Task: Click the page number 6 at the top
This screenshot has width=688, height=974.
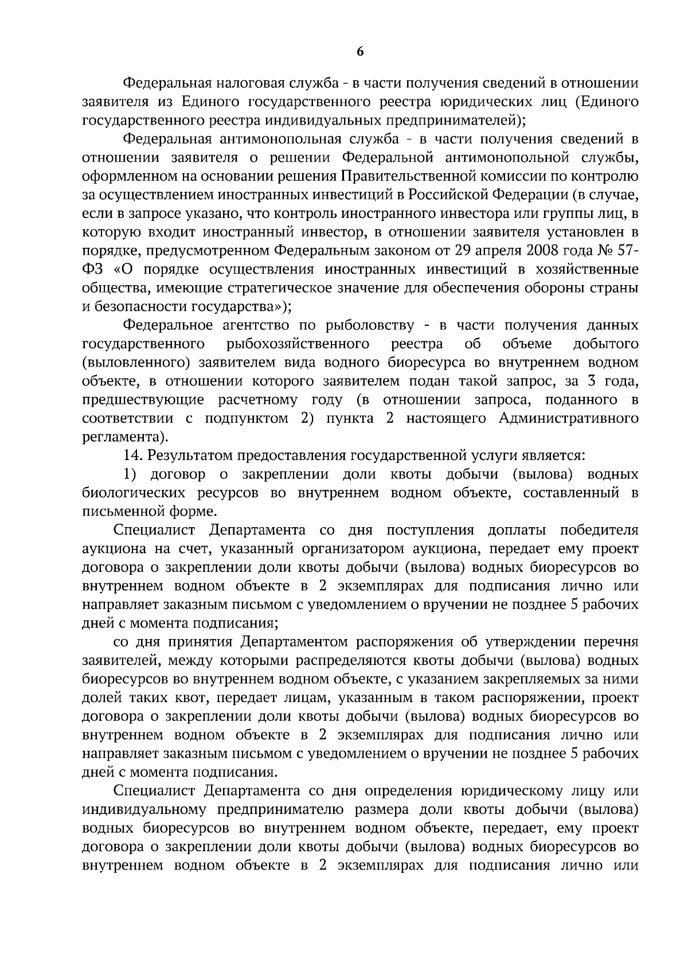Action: (360, 52)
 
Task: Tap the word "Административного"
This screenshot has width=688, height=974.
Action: (569, 418)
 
